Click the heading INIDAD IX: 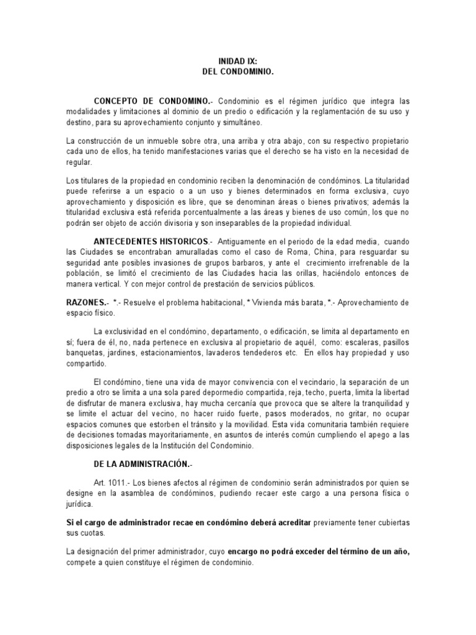click(x=237, y=63)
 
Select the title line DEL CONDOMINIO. click(x=237, y=73)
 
